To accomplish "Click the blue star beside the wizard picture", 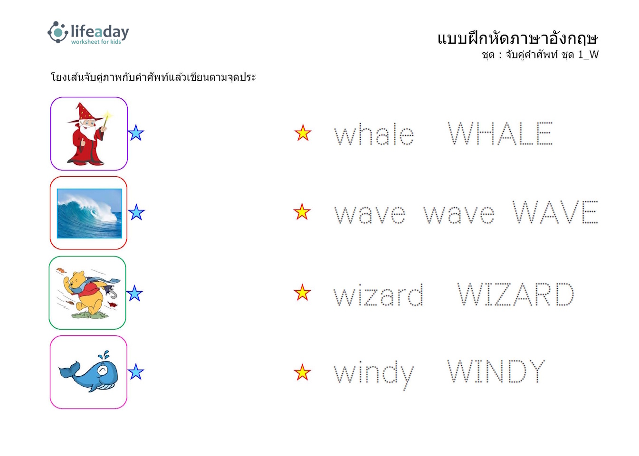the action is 136,133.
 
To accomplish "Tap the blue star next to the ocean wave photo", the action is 136,212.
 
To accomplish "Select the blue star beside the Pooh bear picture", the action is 134,293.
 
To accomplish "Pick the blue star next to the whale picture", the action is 136,372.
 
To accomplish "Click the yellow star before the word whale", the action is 303,133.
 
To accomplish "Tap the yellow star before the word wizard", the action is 302,293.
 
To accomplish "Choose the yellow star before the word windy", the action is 302,372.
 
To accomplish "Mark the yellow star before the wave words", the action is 302,212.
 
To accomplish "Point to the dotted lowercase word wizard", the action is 379,295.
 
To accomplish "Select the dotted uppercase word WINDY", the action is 496,371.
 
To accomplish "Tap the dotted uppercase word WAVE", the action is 555,212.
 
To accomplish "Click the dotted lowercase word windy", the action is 374,374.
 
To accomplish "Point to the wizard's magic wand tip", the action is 108,115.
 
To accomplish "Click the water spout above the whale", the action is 104,355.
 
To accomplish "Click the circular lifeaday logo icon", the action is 58,32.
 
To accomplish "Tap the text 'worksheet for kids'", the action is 96,42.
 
